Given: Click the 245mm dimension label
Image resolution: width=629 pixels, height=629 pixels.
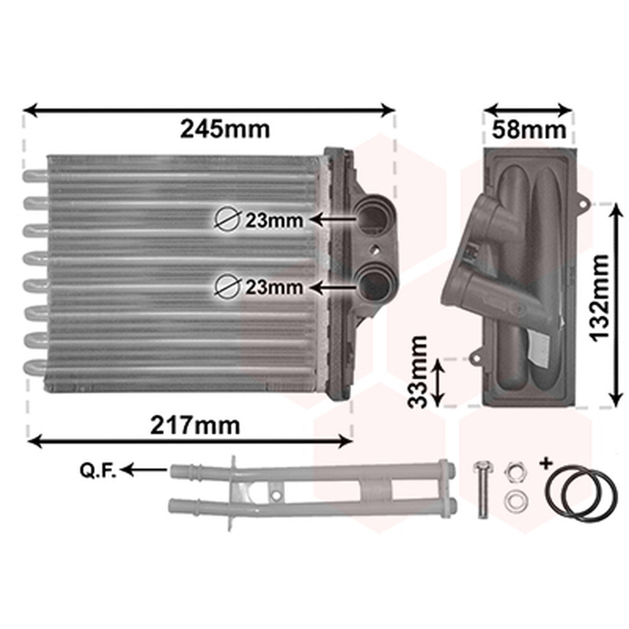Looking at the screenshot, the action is pos(225,129).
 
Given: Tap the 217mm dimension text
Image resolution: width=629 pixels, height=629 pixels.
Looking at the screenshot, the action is pos(195,425).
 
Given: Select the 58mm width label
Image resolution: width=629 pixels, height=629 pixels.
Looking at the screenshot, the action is pos(528,130).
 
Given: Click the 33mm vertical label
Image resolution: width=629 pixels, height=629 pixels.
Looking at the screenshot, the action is pos(417,372).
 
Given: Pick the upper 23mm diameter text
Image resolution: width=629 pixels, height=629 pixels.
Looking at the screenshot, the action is pos(274,220).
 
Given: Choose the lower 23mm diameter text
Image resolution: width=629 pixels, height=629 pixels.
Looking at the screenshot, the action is pos(274,287).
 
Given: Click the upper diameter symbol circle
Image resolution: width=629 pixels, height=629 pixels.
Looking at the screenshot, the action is pos(228,219).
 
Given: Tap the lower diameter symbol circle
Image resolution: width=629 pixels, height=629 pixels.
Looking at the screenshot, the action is pos(228,286).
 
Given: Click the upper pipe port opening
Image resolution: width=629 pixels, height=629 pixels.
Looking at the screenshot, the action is pos(373,217).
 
